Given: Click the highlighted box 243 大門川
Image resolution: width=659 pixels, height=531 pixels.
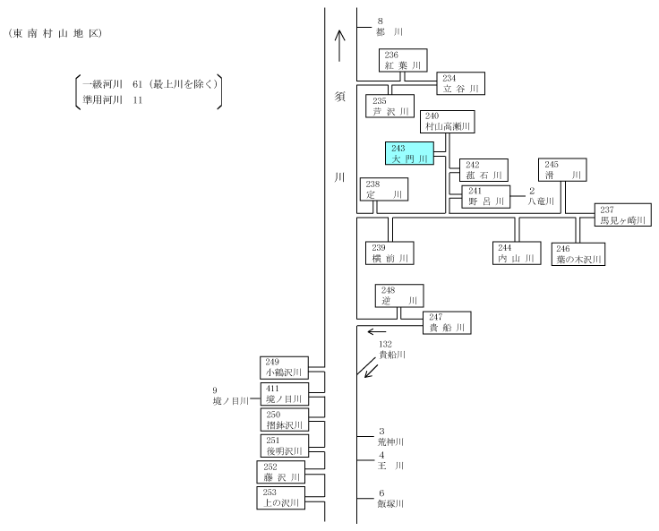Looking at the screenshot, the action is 409,153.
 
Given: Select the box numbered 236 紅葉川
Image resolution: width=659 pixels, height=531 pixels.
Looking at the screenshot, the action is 403,60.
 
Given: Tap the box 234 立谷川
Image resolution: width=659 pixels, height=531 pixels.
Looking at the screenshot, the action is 460,83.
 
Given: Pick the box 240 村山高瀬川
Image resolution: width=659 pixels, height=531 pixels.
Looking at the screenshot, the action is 448,122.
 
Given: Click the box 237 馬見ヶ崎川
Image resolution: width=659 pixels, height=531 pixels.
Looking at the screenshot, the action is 623,215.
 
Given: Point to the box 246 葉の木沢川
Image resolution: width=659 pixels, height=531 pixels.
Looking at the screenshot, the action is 578,254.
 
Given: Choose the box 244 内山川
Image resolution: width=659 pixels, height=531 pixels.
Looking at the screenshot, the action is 517,253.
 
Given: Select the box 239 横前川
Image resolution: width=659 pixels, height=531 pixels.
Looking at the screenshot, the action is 389,253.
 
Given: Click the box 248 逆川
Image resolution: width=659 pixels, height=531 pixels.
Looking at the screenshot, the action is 399,295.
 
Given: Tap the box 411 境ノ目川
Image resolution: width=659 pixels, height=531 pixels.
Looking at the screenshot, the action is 285,393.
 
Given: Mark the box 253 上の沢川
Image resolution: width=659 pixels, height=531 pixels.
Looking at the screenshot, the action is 281,498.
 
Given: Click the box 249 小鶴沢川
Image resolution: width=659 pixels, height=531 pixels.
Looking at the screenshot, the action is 284,368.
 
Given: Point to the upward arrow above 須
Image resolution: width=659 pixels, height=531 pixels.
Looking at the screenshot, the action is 339,46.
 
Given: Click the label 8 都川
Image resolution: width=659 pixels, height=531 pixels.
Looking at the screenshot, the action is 389,27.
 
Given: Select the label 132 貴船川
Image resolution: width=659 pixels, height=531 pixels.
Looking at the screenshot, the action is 392,349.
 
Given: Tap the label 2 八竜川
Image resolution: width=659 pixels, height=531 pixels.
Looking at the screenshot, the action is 541,196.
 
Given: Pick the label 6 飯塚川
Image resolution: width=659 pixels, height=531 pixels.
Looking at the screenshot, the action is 390,498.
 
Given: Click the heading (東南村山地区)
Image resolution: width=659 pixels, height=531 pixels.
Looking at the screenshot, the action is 55,34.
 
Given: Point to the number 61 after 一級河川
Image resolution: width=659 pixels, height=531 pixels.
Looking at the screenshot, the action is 137,84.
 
